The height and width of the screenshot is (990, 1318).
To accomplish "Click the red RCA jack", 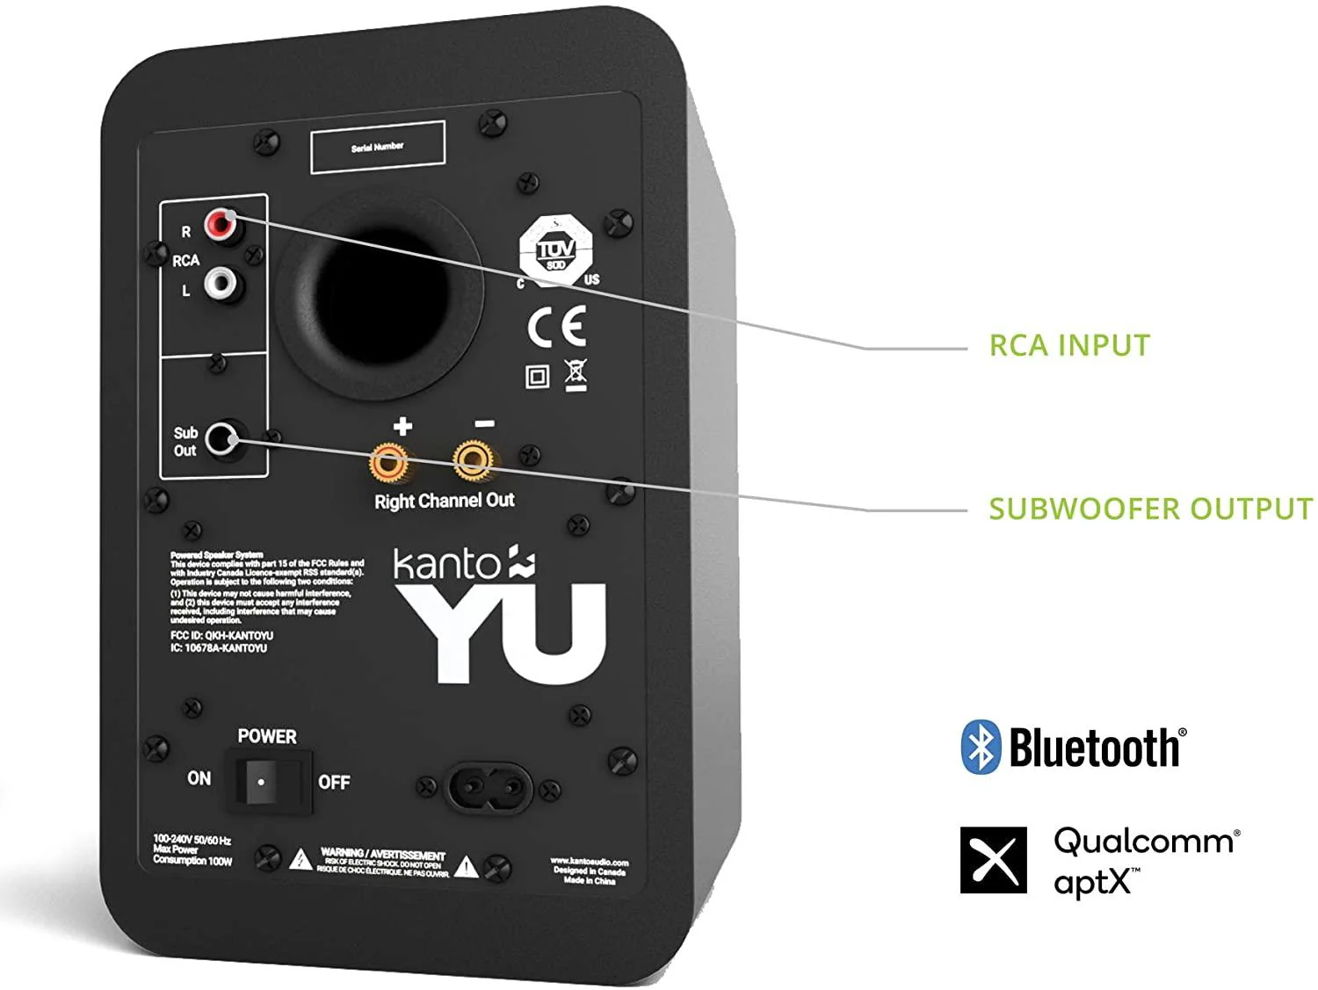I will coord(221,226).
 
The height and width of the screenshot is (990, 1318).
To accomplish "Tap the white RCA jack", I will coord(221,284).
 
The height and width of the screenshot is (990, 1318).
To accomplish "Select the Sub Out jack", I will coord(224,439).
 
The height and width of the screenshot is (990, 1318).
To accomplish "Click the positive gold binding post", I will coord(388,462).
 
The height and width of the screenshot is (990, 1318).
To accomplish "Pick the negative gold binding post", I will coord(472,459).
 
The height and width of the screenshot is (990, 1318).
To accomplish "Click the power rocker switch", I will coord(261,780).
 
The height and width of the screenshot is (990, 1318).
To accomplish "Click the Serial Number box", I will coord(378,147).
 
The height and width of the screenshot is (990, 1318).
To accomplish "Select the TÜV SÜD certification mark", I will coord(555,250).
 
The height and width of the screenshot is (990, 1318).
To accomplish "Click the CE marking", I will coord(557,327).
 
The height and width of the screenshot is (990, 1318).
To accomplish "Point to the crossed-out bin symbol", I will coord(576,375).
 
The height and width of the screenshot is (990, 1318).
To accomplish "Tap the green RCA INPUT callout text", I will coord(1069,345).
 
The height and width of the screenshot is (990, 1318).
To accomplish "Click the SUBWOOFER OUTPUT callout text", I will coord(1150,509).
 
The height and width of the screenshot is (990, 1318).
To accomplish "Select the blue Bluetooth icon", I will coord(981,748).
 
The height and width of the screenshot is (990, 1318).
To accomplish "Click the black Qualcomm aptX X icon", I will coord(994,860).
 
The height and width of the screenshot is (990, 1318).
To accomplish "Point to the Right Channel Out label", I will coord(445,501).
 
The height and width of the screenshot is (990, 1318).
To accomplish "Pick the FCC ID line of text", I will coord(221,635).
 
